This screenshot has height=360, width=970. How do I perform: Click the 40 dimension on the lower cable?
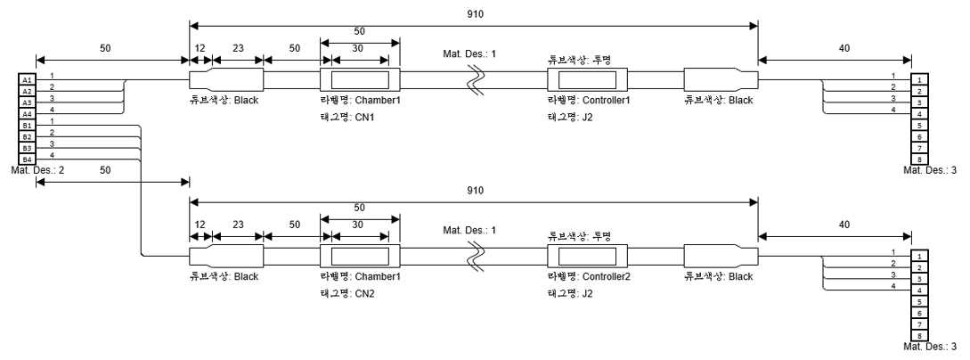point(838,225)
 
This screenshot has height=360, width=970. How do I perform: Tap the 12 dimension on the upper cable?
point(200,51)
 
